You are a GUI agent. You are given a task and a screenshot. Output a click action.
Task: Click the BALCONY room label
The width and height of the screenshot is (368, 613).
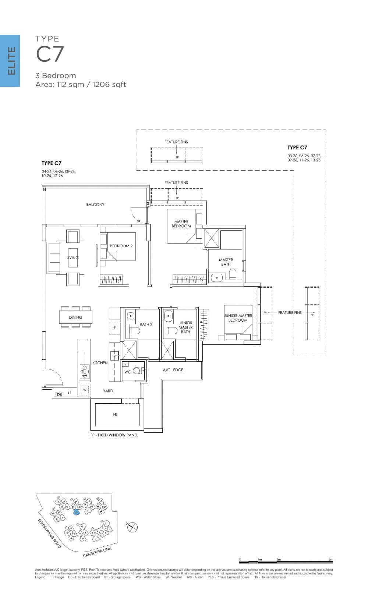click(x=95, y=204)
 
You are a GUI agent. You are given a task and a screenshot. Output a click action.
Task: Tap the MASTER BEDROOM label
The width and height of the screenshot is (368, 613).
click(x=181, y=224)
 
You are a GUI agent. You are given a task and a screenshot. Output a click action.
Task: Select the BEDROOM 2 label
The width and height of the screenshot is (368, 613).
click(x=121, y=246)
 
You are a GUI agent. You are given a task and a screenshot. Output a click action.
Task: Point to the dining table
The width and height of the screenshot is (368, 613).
click(x=76, y=317)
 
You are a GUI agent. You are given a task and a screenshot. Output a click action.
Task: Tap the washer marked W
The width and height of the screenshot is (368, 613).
click(x=85, y=389)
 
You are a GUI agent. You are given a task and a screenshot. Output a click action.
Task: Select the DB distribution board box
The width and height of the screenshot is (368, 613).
click(x=59, y=394)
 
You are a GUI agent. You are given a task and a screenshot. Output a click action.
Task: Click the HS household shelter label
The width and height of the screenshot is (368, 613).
click(x=116, y=414)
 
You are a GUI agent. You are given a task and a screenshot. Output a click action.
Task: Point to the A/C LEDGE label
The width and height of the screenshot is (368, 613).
click(x=173, y=370)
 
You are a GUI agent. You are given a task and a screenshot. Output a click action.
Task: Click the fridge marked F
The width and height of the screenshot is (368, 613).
click(x=114, y=327)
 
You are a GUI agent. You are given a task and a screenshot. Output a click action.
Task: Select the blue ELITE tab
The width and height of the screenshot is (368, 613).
click(x=10, y=61)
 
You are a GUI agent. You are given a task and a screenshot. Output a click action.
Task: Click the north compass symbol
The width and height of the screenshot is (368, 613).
click(x=132, y=527)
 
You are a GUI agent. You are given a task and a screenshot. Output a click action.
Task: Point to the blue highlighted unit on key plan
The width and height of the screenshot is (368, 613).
click(x=77, y=512)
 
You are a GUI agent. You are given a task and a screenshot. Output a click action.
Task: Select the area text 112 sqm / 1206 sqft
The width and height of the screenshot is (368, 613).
click(x=81, y=85)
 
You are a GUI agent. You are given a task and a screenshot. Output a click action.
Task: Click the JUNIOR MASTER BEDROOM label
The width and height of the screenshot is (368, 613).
click(x=238, y=318)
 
